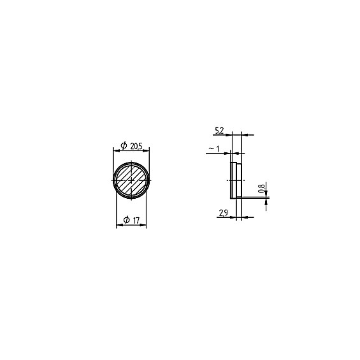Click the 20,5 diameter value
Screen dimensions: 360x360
pyautogui.click(x=136, y=146)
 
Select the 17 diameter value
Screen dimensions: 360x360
pyautogui.click(x=136, y=220)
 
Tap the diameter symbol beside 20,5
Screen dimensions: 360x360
pyautogui.click(x=124, y=145)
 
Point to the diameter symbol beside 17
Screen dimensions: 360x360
pyautogui.click(x=127, y=220)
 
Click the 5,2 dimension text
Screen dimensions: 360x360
pyautogui.click(x=219, y=131)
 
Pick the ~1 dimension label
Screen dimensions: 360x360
pyautogui.click(x=213, y=148)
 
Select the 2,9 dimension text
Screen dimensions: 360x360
pyautogui.click(x=223, y=213)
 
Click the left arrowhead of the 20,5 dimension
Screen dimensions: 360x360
pyautogui.click(x=117, y=151)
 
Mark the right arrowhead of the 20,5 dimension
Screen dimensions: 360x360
pyautogui.click(x=147, y=151)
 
